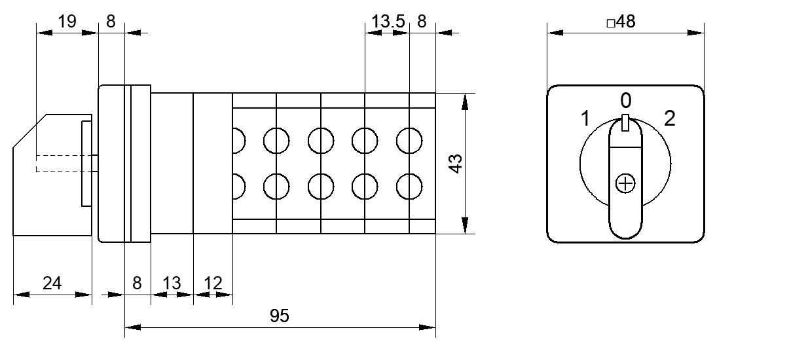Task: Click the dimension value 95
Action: pyautogui.click(x=280, y=315)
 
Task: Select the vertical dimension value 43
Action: pyautogui.click(x=456, y=164)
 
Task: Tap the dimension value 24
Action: pyautogui.click(x=52, y=283)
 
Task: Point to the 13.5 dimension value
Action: pyautogui.click(x=388, y=22)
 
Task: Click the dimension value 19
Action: pyautogui.click(x=67, y=22)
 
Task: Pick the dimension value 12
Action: pyautogui.click(x=213, y=283)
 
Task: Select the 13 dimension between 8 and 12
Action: pyautogui.click(x=172, y=283)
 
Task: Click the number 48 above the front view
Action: pyautogui.click(x=626, y=22)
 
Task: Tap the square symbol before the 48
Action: pyautogui.click(x=611, y=24)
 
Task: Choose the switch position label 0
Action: pyautogui.click(x=626, y=101)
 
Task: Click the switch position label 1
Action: pyautogui.click(x=585, y=118)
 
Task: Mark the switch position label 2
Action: pyautogui.click(x=670, y=118)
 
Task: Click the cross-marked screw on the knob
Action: pyautogui.click(x=625, y=183)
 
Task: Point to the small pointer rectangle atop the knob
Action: pyautogui.click(x=625, y=122)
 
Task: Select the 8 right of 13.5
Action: pyautogui.click(x=422, y=22)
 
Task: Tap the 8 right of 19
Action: pyautogui.click(x=111, y=22)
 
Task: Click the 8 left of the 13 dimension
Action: pyautogui.click(x=137, y=283)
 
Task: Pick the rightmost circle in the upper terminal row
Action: pyautogui.click(x=409, y=141)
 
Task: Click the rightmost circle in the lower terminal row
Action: pyautogui.click(x=409, y=187)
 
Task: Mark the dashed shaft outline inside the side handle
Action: pyautogui.click(x=36, y=164)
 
